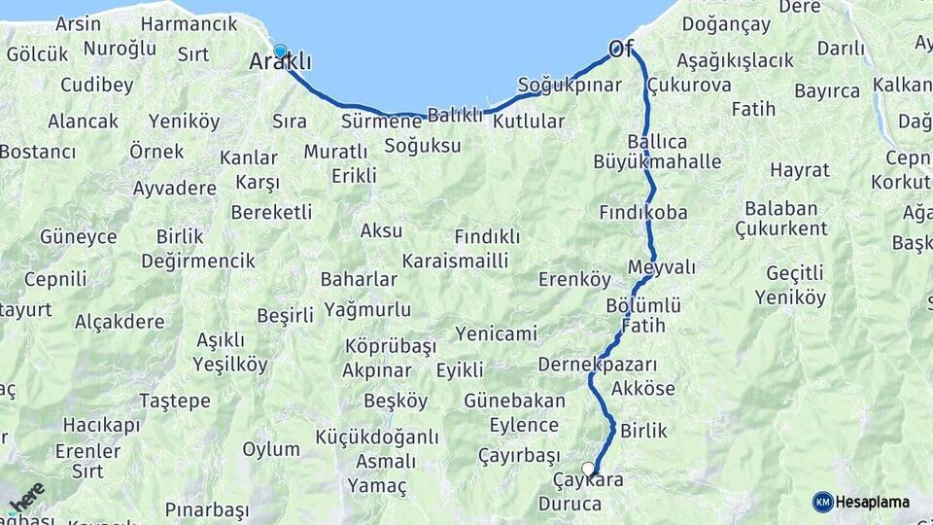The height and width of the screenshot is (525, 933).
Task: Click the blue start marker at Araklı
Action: [280, 52]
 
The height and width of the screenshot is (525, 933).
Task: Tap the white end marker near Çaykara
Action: [588, 469]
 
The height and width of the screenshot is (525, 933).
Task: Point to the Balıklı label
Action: [455, 115]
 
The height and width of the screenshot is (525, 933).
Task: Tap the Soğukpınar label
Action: [570, 85]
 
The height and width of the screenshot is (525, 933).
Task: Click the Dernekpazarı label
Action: [598, 366]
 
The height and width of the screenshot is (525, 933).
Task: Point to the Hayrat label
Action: [800, 170]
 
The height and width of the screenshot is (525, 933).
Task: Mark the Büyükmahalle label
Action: [658, 161]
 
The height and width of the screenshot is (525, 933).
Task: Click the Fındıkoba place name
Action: [643, 212]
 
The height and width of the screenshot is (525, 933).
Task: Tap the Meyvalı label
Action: [662, 266]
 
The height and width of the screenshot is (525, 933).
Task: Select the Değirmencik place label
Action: [198, 261]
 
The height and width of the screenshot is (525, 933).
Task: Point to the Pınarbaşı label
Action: [207, 509]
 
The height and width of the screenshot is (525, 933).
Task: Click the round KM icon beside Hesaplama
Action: [822, 502]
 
